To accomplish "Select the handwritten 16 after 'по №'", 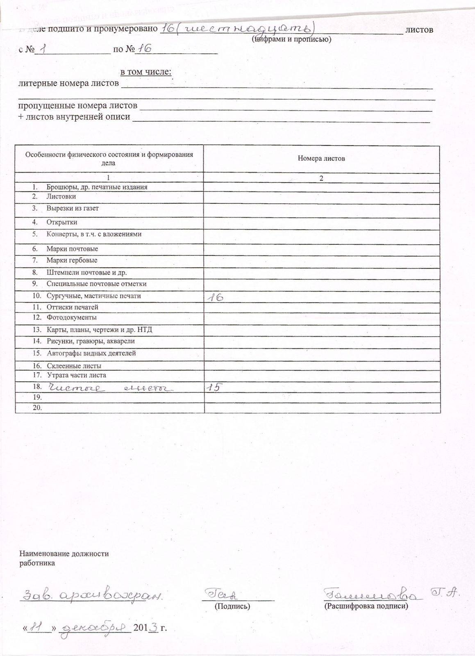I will [144, 49].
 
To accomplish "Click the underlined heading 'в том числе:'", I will [146, 72].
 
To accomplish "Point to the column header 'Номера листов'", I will [321, 158].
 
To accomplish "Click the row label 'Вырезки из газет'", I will [73, 208].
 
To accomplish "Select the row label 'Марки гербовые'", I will [72, 260].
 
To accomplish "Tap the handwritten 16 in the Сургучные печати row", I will [215, 297].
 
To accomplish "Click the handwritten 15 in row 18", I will [214, 387].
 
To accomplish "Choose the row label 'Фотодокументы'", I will [71, 317].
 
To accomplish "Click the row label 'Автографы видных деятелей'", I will [91, 353].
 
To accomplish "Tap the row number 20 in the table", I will [37, 408].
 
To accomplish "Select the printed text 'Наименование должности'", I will [64, 553].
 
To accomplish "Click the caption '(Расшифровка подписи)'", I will [366, 606].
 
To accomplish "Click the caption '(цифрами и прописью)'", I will [291, 39].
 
